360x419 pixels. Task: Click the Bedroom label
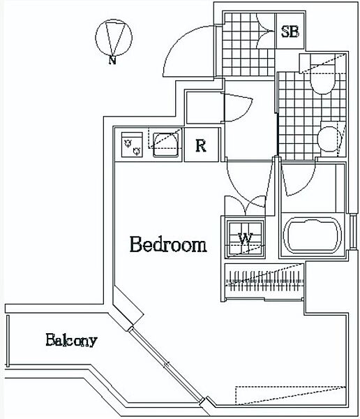(168, 244)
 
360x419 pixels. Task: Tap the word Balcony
(71, 340)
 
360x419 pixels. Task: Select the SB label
(290, 31)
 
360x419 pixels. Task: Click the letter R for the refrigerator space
(201, 146)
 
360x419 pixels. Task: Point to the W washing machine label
(245, 239)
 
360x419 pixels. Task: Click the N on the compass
(112, 60)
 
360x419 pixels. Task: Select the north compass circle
(114, 38)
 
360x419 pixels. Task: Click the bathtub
(312, 235)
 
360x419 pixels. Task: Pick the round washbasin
(329, 139)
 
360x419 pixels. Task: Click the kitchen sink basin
(165, 145)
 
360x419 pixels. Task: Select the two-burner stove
(132, 145)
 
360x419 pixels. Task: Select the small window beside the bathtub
(353, 231)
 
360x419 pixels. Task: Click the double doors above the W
(245, 206)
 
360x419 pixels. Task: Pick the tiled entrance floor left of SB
(248, 44)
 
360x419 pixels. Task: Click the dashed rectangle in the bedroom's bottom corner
(290, 395)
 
